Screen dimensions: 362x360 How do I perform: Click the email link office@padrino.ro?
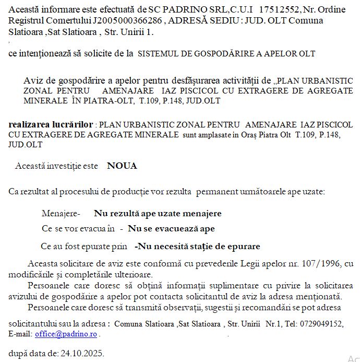tap(66, 334)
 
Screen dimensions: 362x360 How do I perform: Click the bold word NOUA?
tap(122, 166)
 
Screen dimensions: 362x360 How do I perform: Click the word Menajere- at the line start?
tap(61, 213)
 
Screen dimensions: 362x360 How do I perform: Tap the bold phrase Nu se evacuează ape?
tap(171, 229)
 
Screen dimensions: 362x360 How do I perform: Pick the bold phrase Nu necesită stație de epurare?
tap(197, 246)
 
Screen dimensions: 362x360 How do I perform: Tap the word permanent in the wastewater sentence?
tap(217, 192)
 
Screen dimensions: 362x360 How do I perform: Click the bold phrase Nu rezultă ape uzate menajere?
tap(158, 213)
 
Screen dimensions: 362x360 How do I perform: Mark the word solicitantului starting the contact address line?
tap(33, 324)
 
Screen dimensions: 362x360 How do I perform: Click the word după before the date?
tap(18, 353)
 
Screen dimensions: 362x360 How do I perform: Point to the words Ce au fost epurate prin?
tap(84, 246)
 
